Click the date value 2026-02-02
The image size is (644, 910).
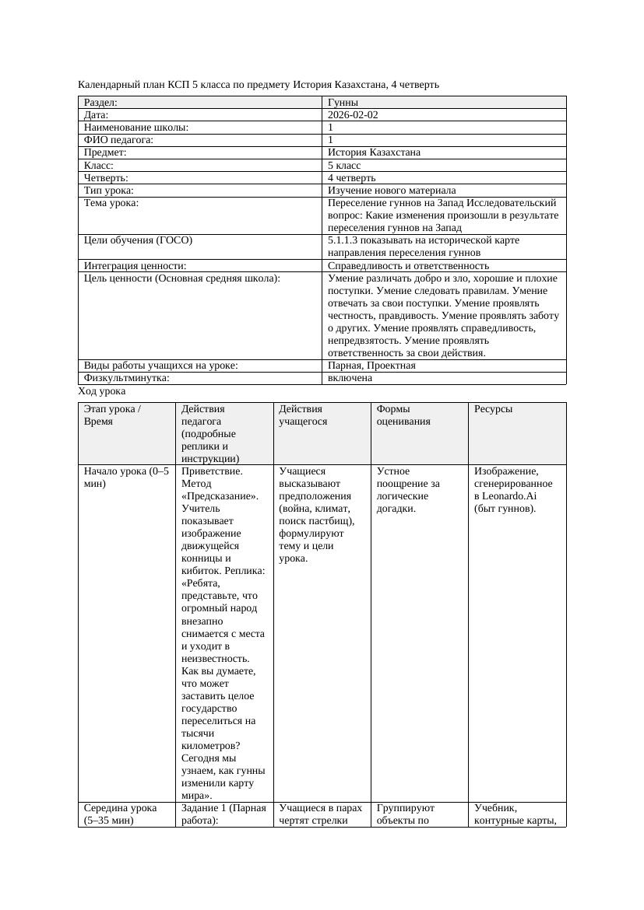pos(353,114)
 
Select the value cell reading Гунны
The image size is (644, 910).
pos(343,102)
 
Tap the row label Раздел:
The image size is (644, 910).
pos(101,102)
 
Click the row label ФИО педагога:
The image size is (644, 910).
pos(118,140)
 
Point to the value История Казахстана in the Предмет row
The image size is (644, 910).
pos(374,152)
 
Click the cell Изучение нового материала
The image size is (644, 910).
pos(392,190)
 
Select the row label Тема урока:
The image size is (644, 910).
pos(111,202)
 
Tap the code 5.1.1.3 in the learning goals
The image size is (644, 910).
pos(346,240)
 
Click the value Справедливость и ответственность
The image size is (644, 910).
pos(408,265)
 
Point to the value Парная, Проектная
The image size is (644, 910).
pos(371,365)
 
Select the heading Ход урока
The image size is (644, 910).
pos(102,390)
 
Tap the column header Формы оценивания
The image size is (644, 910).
pos(398,415)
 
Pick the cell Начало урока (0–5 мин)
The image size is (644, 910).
pos(126,477)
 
